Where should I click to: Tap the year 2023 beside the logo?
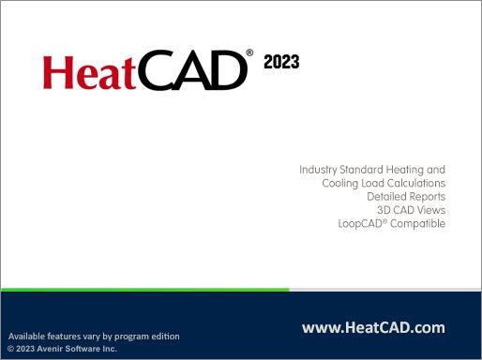(281, 63)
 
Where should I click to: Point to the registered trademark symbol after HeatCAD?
(249, 53)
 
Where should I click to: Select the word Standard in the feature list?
(367, 170)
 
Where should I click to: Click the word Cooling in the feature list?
(341, 184)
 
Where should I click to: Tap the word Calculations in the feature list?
(414, 184)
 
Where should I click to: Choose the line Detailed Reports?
(405, 197)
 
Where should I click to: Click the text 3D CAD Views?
(411, 211)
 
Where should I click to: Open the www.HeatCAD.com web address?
(373, 328)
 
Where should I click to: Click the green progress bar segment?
(145, 290)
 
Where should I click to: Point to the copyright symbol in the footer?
(10, 349)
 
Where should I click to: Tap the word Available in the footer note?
(29, 336)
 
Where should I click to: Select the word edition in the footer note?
(162, 336)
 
